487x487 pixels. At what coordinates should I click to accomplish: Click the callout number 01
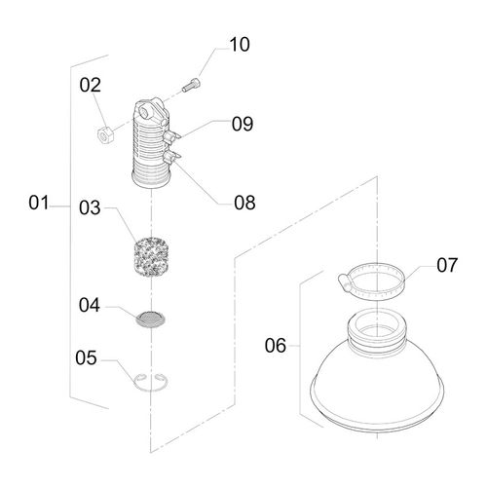click(39, 203)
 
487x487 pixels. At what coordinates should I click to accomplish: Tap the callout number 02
click(91, 85)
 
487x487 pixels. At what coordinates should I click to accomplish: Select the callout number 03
click(90, 207)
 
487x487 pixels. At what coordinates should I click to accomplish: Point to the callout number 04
click(90, 305)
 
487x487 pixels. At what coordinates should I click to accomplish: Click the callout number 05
click(86, 357)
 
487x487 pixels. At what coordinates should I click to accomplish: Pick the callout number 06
click(276, 345)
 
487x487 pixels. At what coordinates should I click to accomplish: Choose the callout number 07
click(447, 265)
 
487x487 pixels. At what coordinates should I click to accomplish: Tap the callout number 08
click(244, 203)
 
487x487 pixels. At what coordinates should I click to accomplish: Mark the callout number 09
click(243, 124)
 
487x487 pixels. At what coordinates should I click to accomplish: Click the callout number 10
click(240, 44)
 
